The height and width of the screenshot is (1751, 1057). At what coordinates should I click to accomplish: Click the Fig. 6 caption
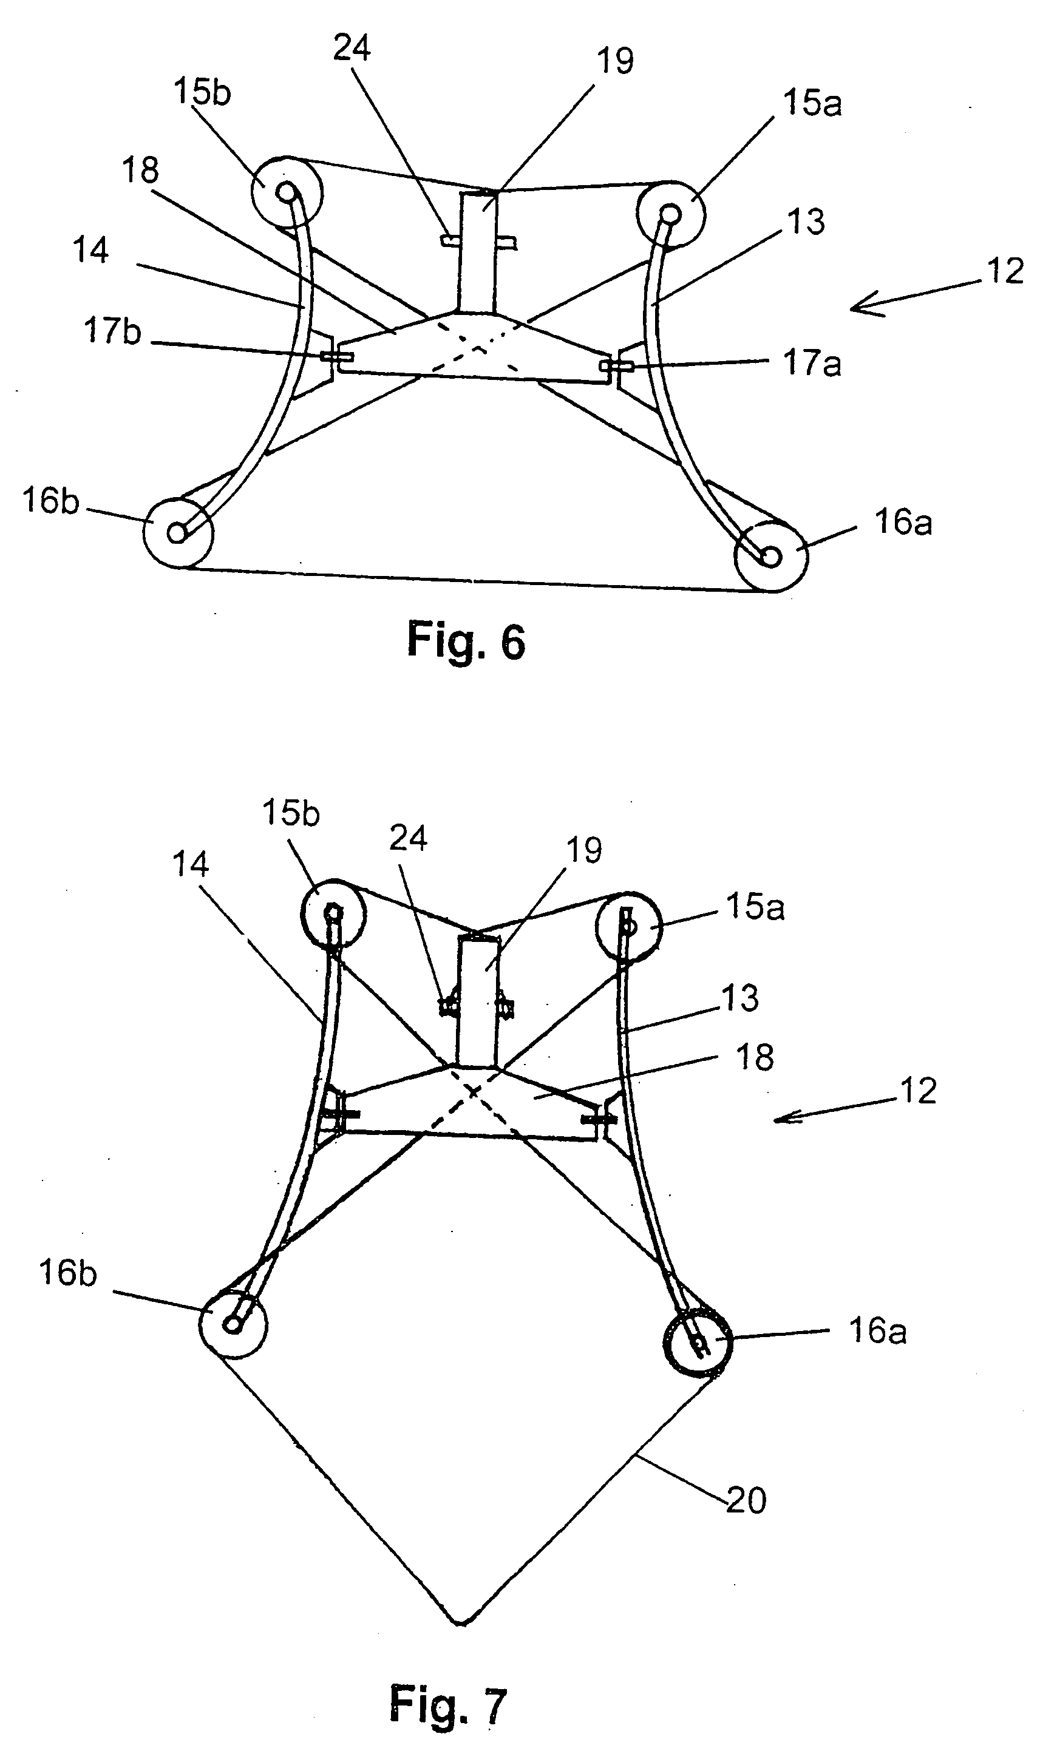(466, 640)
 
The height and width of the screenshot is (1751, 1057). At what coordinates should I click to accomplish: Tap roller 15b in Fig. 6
(287, 191)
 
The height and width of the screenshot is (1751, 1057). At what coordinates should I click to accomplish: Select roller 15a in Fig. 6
(670, 213)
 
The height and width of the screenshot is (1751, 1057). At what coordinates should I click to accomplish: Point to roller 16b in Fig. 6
(178, 532)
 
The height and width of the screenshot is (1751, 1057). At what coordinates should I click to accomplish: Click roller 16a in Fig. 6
(770, 557)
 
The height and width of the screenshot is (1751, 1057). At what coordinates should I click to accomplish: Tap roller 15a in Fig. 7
(629, 927)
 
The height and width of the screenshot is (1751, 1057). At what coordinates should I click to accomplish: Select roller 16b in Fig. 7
(233, 1324)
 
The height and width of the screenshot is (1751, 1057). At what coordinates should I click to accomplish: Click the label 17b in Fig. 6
(112, 332)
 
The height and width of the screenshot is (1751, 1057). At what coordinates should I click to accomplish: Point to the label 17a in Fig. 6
(812, 363)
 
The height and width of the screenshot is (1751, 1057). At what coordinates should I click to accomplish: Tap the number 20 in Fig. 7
(746, 1501)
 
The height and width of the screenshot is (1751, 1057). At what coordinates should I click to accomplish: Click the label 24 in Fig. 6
(352, 49)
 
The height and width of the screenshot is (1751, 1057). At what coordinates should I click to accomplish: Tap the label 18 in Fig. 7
(755, 1057)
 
